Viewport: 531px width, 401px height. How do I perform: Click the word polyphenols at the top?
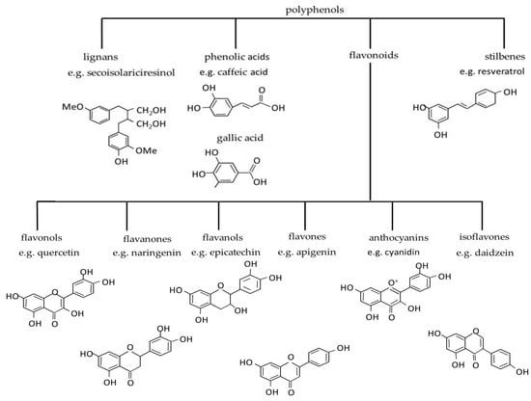click(315, 11)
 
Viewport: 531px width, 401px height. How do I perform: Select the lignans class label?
click(100, 57)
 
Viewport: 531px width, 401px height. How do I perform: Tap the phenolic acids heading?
click(237, 57)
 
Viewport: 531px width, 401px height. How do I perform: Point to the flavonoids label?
click(374, 55)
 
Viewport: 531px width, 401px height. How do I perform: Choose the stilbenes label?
click(505, 57)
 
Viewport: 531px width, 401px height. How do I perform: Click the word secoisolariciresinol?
click(130, 72)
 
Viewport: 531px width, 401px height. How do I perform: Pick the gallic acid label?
click(239, 138)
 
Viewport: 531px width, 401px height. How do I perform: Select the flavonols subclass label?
click(42, 237)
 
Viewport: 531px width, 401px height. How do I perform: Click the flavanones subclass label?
click(148, 239)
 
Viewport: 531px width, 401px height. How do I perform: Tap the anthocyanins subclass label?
click(399, 238)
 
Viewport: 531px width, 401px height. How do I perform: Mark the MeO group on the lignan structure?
click(72, 107)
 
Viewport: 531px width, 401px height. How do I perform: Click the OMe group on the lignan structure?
click(147, 150)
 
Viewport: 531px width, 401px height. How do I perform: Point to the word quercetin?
click(59, 253)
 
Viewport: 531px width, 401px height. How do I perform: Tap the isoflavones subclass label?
click(485, 237)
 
